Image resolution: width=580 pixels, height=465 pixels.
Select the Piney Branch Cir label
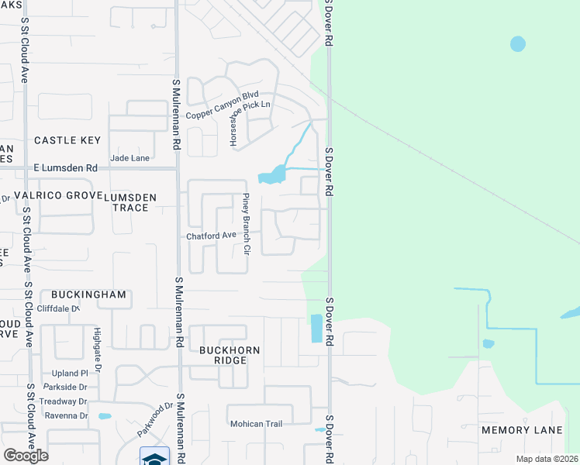(x=245, y=224)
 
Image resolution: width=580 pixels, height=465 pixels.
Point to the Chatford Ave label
(x=210, y=236)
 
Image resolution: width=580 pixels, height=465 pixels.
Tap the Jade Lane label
(x=130, y=157)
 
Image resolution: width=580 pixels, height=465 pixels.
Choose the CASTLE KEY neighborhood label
(x=67, y=140)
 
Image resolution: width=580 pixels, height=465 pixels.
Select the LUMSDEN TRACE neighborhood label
(x=130, y=202)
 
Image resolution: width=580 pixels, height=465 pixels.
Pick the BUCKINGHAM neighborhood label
(x=88, y=294)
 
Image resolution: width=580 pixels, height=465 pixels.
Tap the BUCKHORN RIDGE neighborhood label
(x=230, y=356)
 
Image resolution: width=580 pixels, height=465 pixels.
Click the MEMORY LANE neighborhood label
(x=521, y=430)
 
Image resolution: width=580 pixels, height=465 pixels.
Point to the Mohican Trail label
(x=256, y=424)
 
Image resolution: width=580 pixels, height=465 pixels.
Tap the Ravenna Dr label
(x=67, y=415)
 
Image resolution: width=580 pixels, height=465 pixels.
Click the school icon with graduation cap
(x=154, y=457)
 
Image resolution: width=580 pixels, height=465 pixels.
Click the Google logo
(x=26, y=455)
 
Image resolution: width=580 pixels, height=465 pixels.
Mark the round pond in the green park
(x=518, y=44)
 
